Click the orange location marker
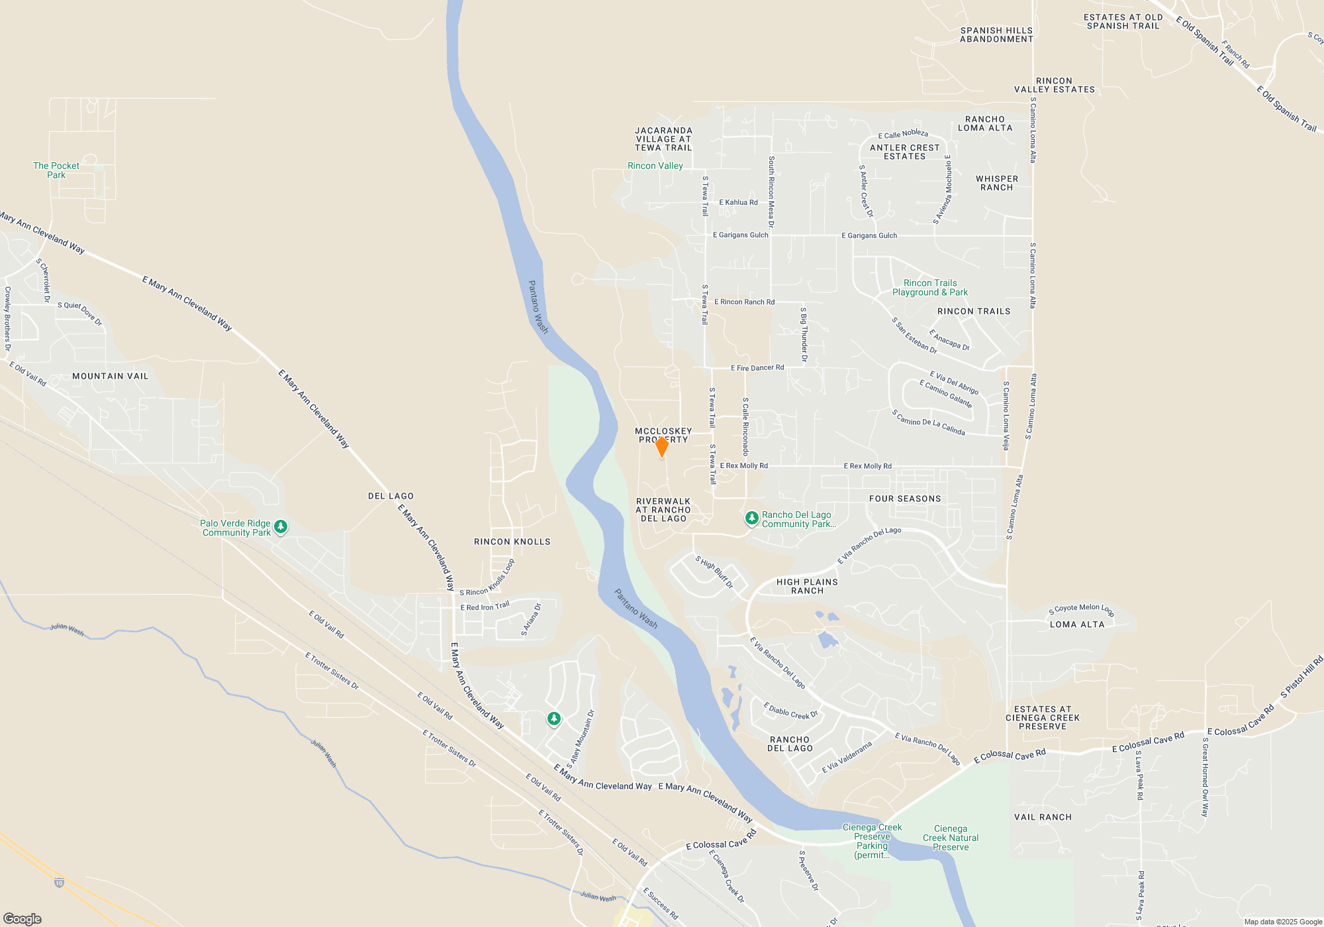pyautogui.click(x=661, y=446)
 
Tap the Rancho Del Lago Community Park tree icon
pyautogui.click(x=751, y=518)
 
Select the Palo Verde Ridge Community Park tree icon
pyautogui.click(x=281, y=527)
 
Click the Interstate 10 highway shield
pyautogui.click(x=59, y=883)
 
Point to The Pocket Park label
pyautogui.click(x=56, y=170)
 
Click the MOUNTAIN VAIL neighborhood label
pyautogui.click(x=111, y=376)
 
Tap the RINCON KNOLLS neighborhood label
pyautogui.click(x=512, y=542)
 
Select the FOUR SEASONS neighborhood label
pyautogui.click(x=905, y=499)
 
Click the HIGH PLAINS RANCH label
pyautogui.click(x=807, y=586)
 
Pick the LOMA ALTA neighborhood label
pyautogui.click(x=1077, y=624)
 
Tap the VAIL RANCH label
pyautogui.click(x=1043, y=817)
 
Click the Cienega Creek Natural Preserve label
pyautogui.click(x=951, y=838)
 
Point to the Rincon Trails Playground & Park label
pyautogui.click(x=930, y=287)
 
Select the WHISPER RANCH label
pyautogui.click(x=997, y=183)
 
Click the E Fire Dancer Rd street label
pyautogui.click(x=757, y=367)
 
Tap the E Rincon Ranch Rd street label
pyautogui.click(x=744, y=302)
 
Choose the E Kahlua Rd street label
pyautogui.click(x=738, y=203)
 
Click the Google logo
pyautogui.click(x=23, y=918)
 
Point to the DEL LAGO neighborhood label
pyautogui.click(x=391, y=496)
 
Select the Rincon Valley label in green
pyautogui.click(x=655, y=166)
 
